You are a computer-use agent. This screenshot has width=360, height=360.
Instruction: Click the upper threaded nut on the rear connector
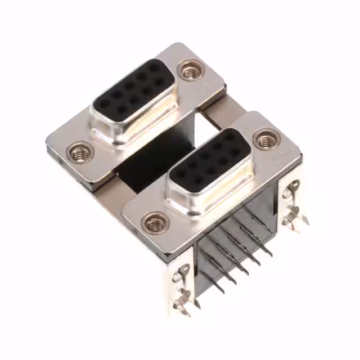coord(190,70)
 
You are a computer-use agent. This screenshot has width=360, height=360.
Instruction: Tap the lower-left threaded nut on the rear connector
coord(80,152)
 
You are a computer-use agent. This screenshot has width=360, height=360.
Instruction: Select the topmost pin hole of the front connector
coord(230,137)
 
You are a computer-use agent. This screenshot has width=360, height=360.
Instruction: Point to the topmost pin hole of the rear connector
coord(154,66)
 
